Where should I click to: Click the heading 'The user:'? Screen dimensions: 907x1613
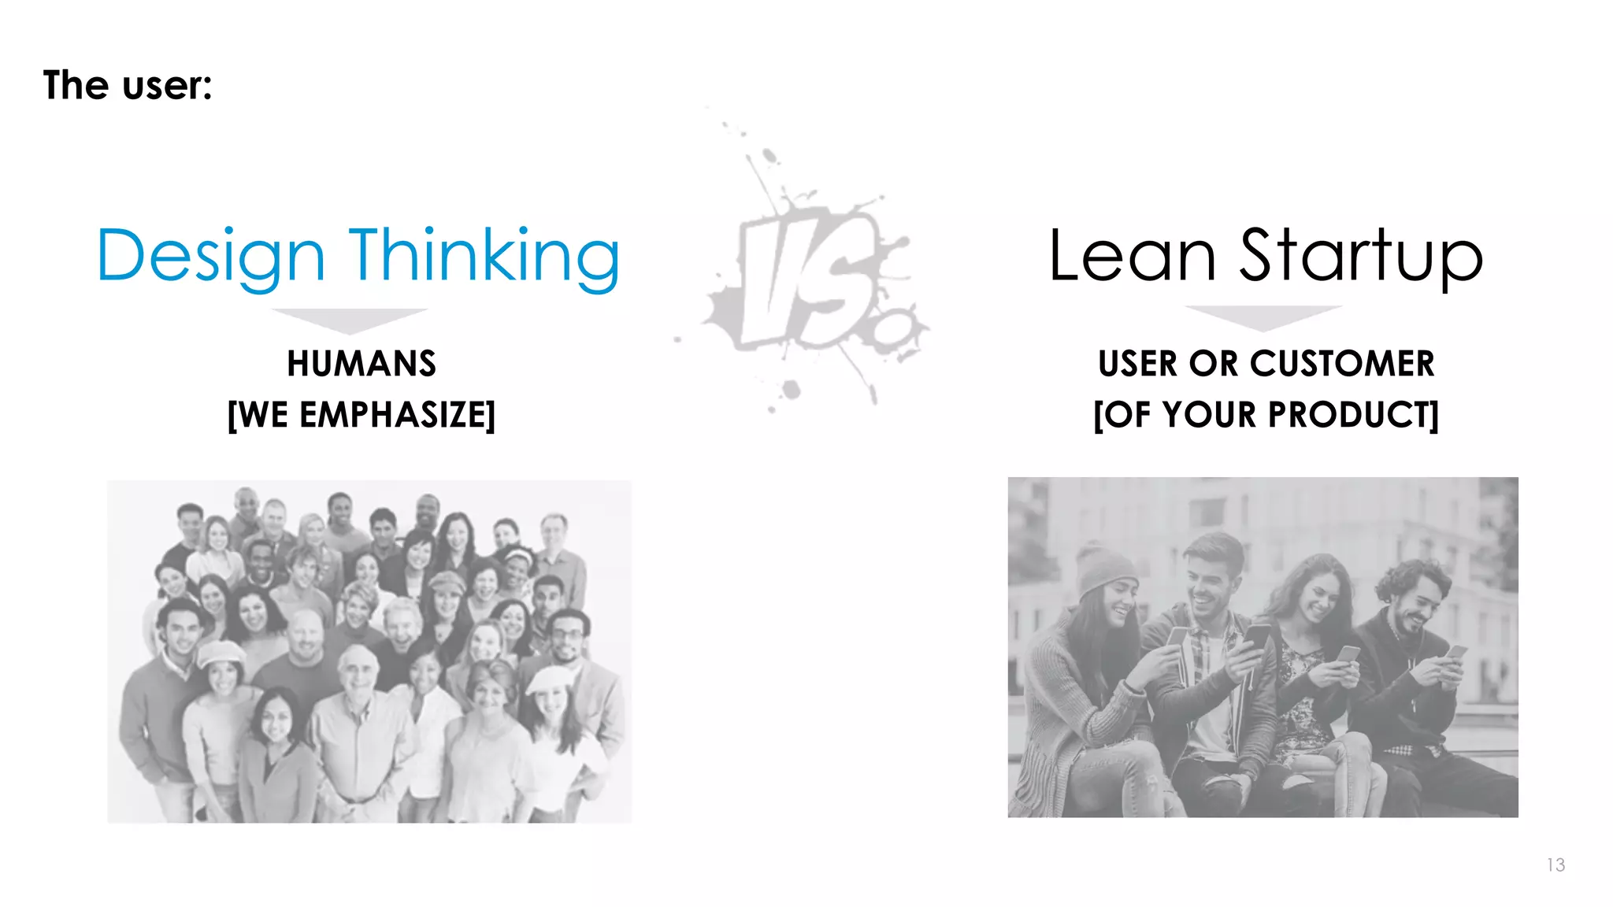128,85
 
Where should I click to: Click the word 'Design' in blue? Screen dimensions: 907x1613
210,256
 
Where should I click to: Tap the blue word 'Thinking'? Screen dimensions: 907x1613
484,256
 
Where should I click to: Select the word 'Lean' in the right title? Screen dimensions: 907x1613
1133,256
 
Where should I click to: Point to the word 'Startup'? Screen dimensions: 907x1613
1361,256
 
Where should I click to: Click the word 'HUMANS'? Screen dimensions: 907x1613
362,364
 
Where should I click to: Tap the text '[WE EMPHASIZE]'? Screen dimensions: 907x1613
362,415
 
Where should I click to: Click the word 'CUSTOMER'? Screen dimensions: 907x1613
1342,364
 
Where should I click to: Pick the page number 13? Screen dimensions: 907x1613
1556,864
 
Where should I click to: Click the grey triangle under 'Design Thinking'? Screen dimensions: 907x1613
350,319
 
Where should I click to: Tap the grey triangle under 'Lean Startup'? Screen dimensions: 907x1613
1263,317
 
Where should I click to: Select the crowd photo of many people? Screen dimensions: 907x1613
369,651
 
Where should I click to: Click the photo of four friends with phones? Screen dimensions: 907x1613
1263,647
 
